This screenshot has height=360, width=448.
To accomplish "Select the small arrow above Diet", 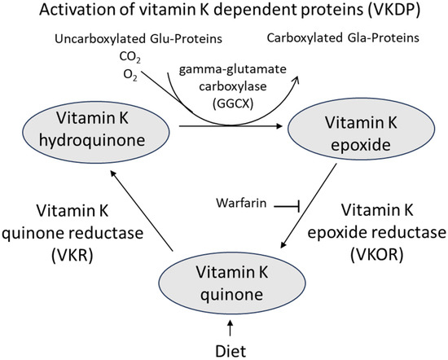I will pyautogui.click(x=232, y=328).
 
